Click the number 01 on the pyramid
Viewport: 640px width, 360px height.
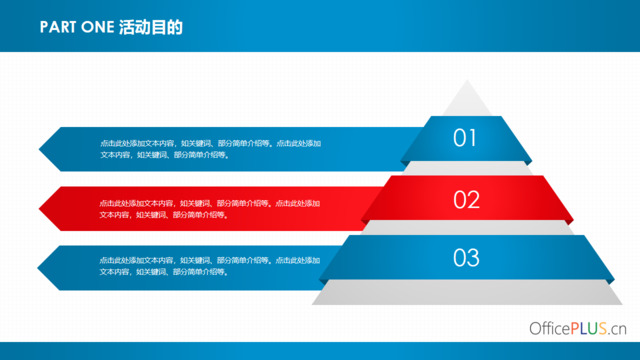click(x=465, y=138)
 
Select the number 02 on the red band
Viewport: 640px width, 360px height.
click(x=466, y=199)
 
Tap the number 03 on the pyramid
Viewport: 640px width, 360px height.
click(x=466, y=258)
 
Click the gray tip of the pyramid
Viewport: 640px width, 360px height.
click(x=466, y=100)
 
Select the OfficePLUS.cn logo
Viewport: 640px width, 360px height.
click(x=577, y=328)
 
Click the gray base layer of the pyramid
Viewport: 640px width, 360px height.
click(x=466, y=292)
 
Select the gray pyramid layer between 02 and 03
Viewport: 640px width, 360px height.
click(x=466, y=228)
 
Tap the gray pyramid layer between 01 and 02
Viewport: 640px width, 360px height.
click(x=466, y=168)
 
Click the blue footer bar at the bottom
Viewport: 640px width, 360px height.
click(x=320, y=352)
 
